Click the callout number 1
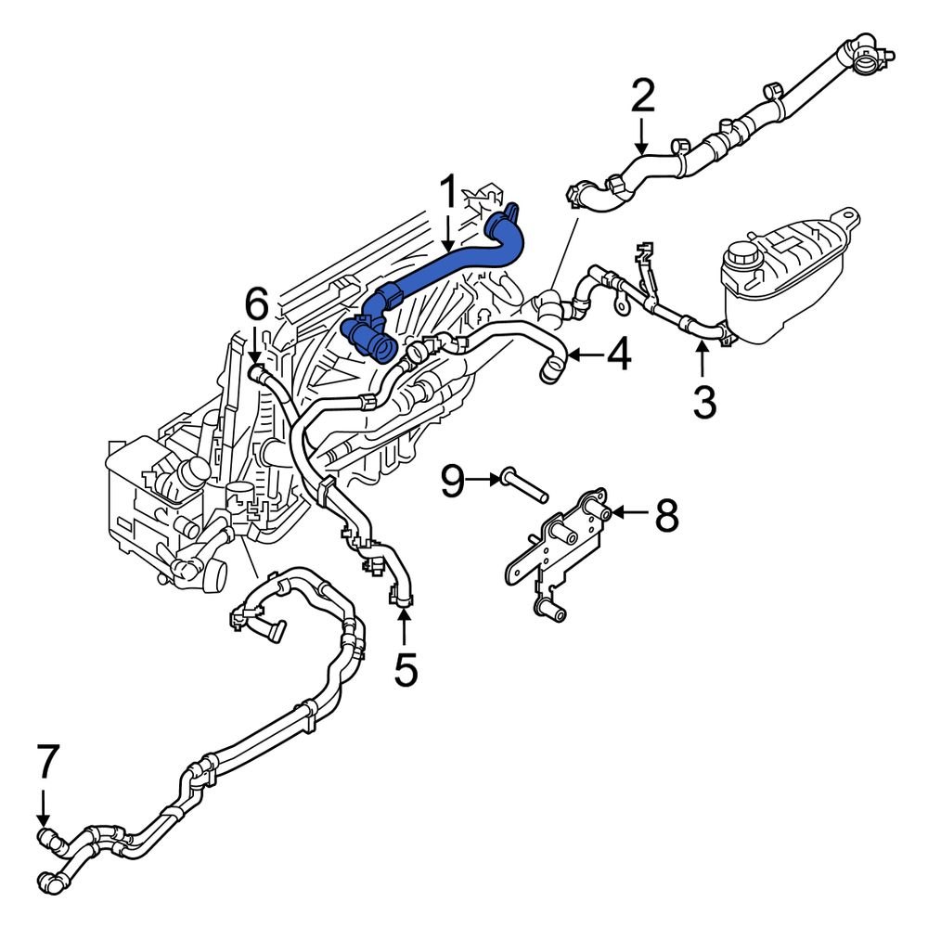pyautogui.click(x=448, y=193)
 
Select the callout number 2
pyautogui.click(x=642, y=97)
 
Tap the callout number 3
pyautogui.click(x=704, y=402)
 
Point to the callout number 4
pyautogui.click(x=619, y=354)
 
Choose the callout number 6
pyautogui.click(x=256, y=303)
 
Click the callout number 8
pyautogui.click(x=666, y=515)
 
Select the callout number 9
pyautogui.click(x=452, y=481)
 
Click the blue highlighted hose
pyautogui.click(x=445, y=269)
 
